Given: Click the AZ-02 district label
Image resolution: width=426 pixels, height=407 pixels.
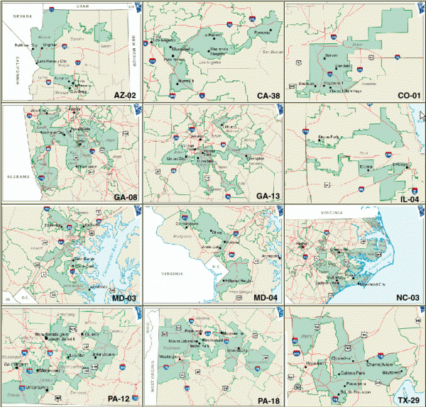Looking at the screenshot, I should (120, 94).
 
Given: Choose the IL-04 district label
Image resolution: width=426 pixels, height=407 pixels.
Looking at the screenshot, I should (406, 196).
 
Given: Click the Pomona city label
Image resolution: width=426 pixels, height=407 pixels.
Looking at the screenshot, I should (257, 33).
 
